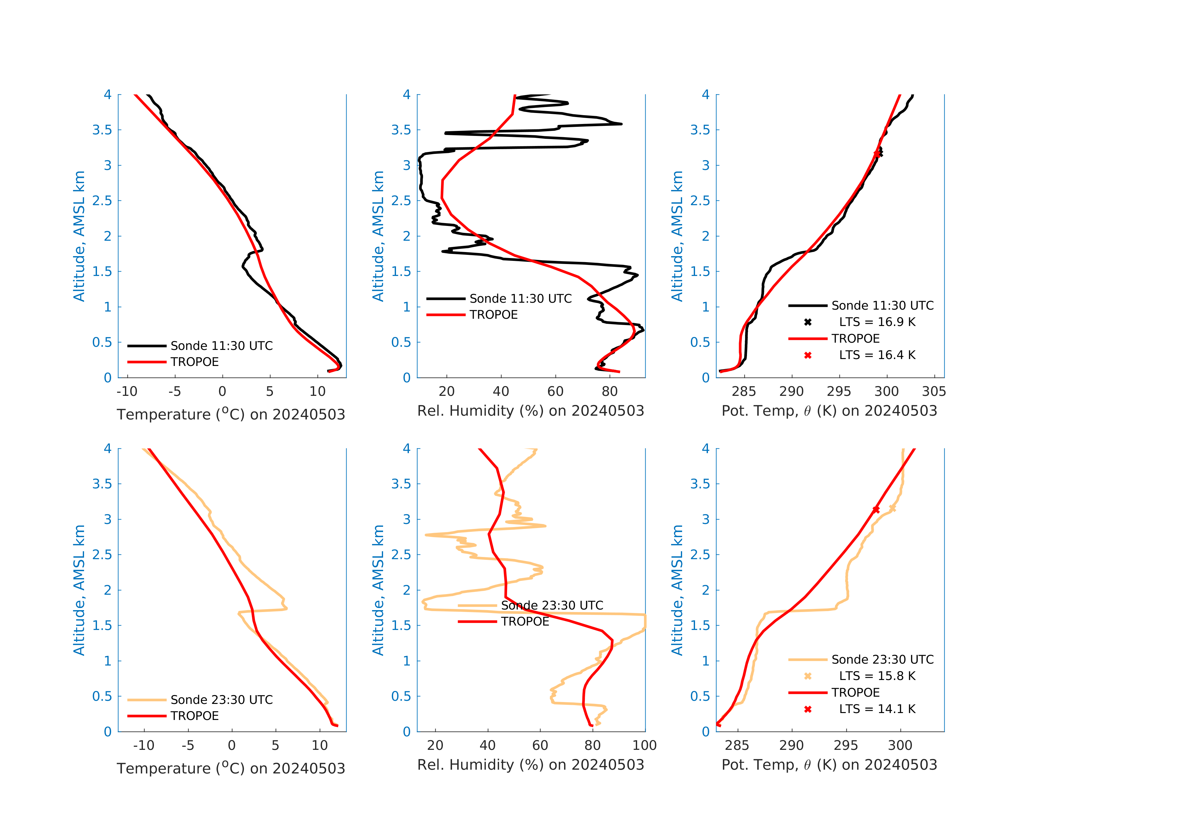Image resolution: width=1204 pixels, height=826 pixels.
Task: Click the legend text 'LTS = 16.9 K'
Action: [877, 322]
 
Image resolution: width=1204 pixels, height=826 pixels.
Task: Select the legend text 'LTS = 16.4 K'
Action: [877, 355]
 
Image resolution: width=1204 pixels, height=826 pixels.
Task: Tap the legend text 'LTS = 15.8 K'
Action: [877, 676]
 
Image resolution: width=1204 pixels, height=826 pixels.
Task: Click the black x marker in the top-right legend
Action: [808, 322]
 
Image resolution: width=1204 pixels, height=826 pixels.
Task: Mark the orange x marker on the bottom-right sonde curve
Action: [892, 509]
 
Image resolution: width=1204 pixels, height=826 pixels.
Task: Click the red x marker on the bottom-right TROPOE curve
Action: [876, 510]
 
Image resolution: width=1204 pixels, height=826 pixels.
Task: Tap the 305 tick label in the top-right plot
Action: [934, 391]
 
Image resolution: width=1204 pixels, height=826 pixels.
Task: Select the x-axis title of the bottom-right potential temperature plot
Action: [829, 765]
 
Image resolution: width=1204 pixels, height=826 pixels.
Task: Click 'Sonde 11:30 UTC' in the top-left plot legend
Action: [221, 346]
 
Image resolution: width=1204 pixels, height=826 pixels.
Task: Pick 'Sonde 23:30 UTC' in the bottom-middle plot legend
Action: [552, 605]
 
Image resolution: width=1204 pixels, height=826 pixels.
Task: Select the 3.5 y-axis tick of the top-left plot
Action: [102, 130]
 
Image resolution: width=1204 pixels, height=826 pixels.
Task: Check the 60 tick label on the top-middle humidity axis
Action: [555, 391]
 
